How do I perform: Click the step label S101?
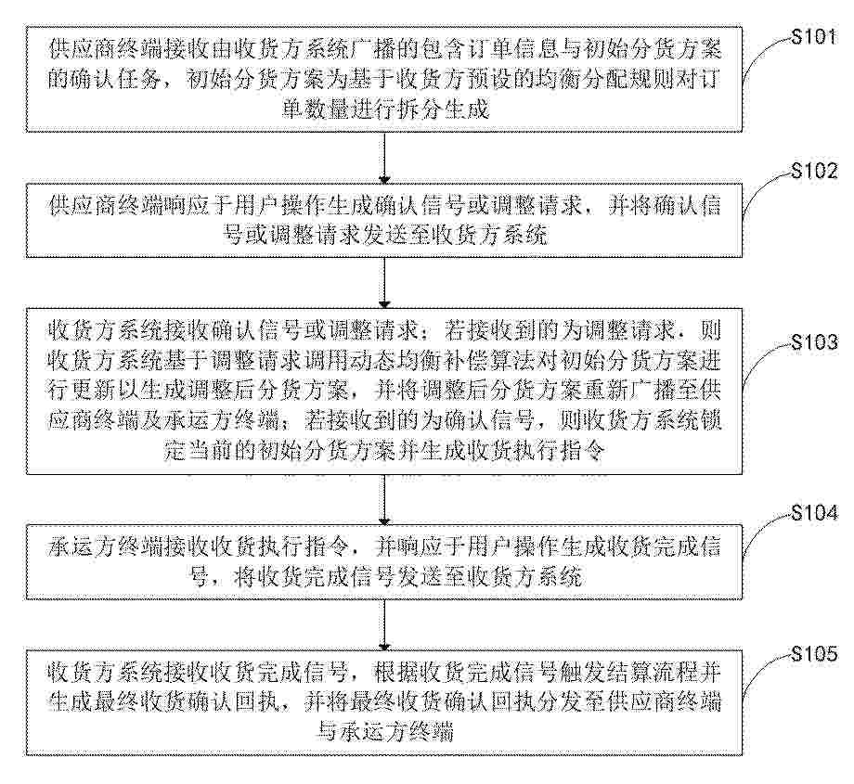(814, 36)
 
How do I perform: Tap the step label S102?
(814, 171)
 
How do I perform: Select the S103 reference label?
(814, 342)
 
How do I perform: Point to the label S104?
(814, 512)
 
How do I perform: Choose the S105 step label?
(814, 653)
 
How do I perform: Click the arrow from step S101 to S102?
(384, 158)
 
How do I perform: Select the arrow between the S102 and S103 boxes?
(384, 283)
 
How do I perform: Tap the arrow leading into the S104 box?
(384, 500)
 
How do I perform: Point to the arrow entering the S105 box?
(384, 624)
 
